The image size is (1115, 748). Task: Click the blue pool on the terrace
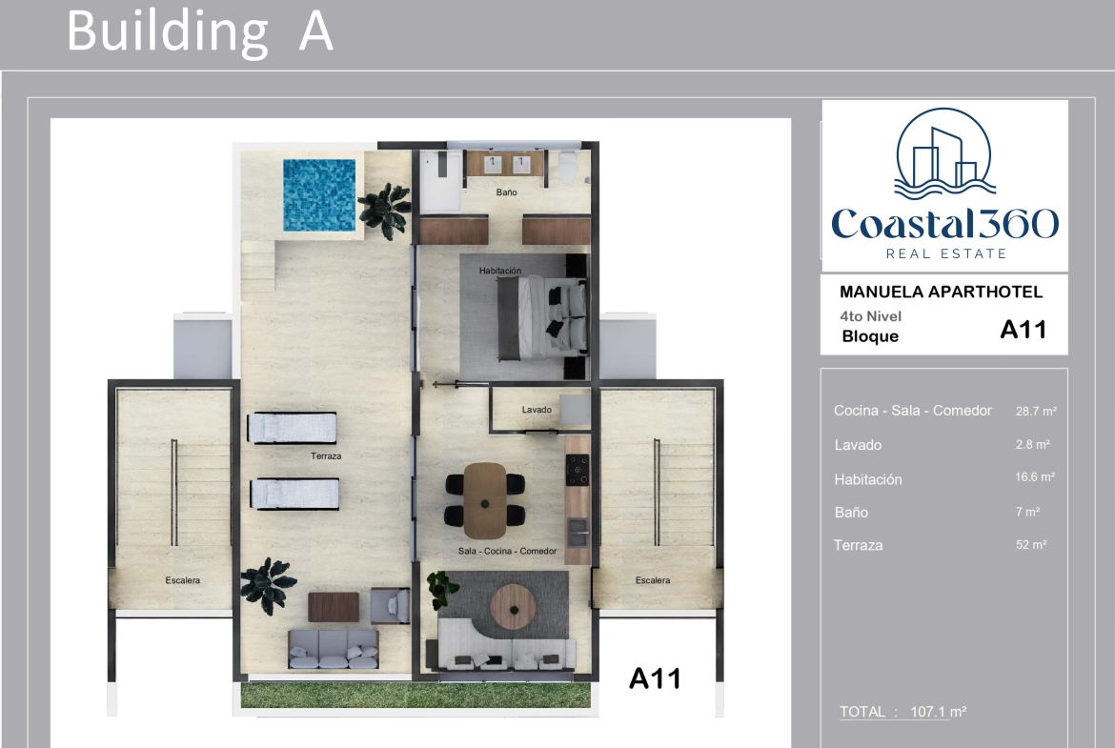[x=319, y=194]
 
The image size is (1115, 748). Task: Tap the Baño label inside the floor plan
[x=506, y=192]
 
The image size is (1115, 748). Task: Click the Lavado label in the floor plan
[x=537, y=410]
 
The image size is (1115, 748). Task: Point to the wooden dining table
[x=485, y=500]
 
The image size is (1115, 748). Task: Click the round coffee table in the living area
[x=513, y=607]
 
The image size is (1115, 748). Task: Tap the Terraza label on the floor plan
[x=326, y=455]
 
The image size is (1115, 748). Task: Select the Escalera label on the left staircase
[x=183, y=580]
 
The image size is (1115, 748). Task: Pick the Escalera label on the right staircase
[x=653, y=580]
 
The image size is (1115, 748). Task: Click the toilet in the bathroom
[x=567, y=167]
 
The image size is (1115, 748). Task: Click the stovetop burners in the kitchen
[x=578, y=470]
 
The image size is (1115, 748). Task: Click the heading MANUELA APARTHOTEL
[x=941, y=292]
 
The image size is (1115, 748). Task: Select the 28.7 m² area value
[x=1035, y=411]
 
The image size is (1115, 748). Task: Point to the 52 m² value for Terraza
[x=1031, y=545]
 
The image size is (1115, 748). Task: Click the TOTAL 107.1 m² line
[x=902, y=712]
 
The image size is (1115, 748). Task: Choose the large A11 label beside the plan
[x=655, y=678]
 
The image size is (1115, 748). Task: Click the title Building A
[x=200, y=31]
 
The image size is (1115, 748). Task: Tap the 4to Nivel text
[x=870, y=316]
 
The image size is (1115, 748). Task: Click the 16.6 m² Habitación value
[x=1035, y=477]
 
